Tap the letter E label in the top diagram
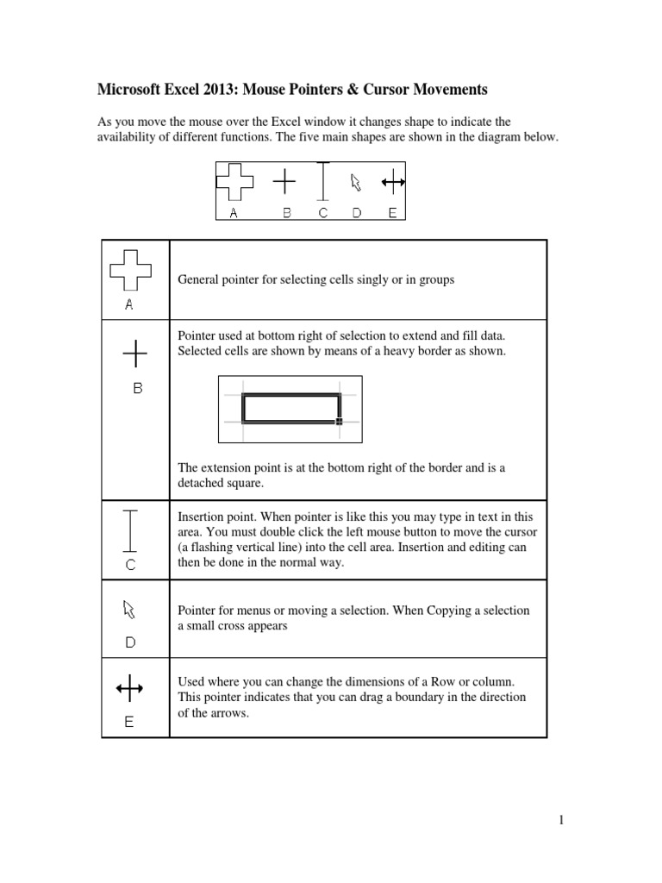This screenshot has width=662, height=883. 392,213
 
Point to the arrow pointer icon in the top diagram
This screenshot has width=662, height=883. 355,182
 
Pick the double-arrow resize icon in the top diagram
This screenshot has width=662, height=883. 393,181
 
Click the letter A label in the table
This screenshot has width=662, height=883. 129,304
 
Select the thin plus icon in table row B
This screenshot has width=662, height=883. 134,353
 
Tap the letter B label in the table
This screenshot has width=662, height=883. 137,389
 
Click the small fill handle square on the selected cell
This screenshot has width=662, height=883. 339,422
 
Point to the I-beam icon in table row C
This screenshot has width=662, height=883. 130,530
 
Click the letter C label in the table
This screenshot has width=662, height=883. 130,565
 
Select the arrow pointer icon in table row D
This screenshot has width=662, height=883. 129,610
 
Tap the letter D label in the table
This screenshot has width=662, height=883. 130,642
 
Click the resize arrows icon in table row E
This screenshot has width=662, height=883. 129,688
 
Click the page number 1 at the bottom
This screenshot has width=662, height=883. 560,820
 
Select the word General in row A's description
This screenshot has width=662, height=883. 200,280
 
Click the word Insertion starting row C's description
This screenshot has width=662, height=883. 202,517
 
